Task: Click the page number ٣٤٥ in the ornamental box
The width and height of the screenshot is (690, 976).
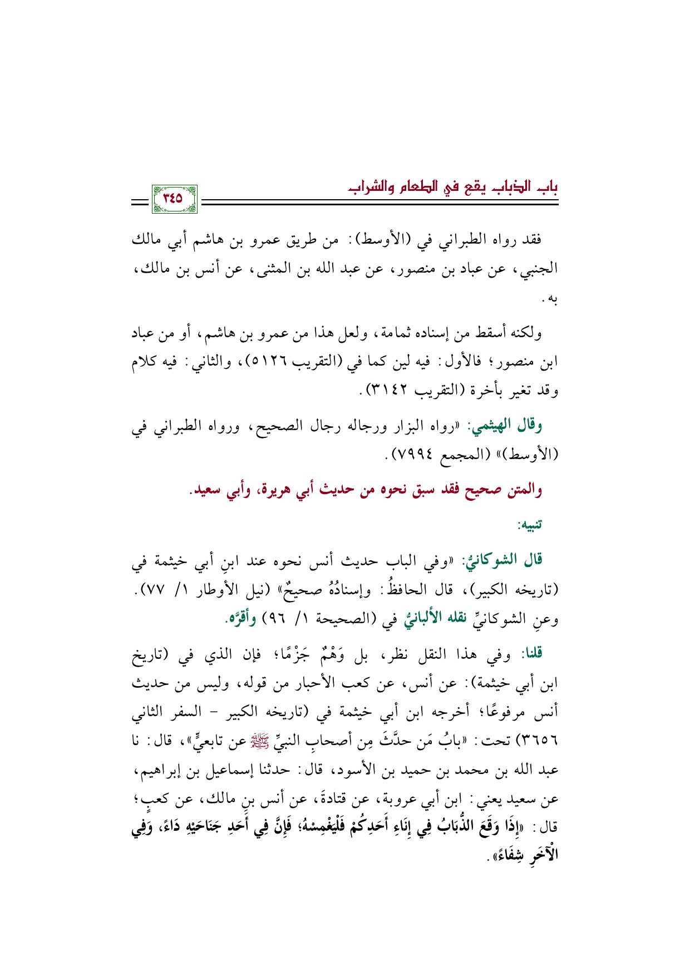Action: (174, 199)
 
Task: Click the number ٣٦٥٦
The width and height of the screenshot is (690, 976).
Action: (538, 742)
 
